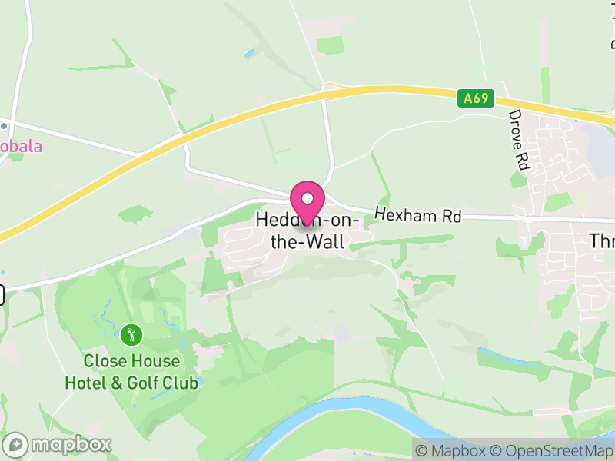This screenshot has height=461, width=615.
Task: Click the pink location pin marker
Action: pyautogui.click(x=307, y=201)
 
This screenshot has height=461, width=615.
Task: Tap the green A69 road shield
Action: pyautogui.click(x=475, y=98)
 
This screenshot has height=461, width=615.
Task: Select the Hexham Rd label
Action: pyautogui.click(x=417, y=216)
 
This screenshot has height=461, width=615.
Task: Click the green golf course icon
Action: pyautogui.click(x=131, y=334)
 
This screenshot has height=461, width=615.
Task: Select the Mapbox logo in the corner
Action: pyautogui.click(x=58, y=444)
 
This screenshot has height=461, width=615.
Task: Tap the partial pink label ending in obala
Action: pyautogui.click(x=21, y=146)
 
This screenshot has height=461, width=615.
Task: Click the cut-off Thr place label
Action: pyautogui.click(x=601, y=240)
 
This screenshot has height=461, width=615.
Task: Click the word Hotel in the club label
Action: pyautogui.click(x=86, y=382)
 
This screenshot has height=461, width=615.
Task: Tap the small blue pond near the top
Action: pyautogui.click(x=249, y=55)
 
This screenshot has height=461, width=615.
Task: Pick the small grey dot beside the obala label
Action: pyautogui.click(x=4, y=125)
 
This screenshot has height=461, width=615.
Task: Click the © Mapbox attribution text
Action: pyautogui.click(x=451, y=450)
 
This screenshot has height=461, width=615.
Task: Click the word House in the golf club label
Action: pyautogui.click(x=155, y=361)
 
